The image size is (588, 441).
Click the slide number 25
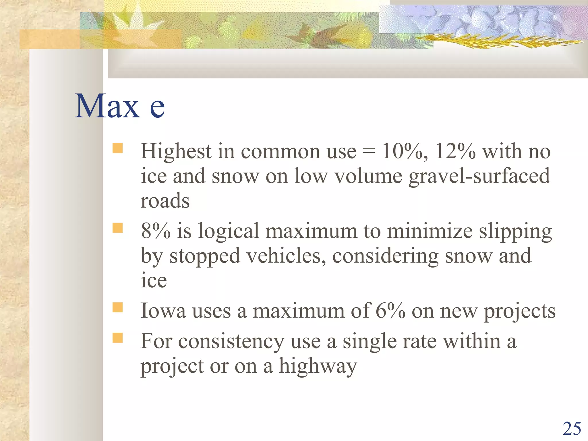point(572,429)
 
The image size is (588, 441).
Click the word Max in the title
point(107,106)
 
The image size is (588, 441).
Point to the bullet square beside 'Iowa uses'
point(117,307)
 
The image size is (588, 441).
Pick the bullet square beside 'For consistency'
point(117,338)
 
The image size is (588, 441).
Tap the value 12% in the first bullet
point(455,151)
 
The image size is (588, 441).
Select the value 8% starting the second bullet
point(155,231)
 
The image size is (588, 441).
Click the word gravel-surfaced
point(479,176)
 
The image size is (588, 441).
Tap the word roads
point(165,201)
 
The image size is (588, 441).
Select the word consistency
point(231,342)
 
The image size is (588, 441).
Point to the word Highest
point(176,151)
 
